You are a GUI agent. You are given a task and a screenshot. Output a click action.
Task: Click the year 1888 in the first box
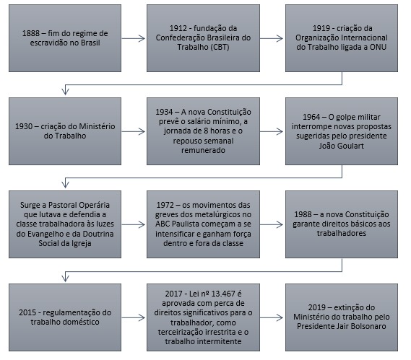coord(30,33)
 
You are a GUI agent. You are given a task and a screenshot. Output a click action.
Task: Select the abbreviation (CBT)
coord(217,47)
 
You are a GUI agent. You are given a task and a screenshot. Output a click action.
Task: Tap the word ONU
coord(378,47)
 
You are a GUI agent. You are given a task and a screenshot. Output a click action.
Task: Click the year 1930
coord(24,126)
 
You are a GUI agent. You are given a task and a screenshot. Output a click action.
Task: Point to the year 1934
coord(164,112)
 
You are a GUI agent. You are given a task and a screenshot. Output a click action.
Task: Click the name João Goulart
coord(341,146)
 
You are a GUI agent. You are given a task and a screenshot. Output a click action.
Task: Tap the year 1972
coord(165,205)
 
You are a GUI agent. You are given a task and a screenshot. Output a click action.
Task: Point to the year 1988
coord(303,214)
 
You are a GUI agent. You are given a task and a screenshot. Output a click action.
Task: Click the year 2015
coord(27,312)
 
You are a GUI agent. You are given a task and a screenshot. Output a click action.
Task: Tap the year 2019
coord(316,307)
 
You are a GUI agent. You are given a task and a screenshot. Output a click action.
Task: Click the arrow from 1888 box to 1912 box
coord(133,38)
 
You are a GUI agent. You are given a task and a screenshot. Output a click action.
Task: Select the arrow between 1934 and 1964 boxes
coord(272,131)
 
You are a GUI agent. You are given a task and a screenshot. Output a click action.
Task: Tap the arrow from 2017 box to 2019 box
coord(272,318)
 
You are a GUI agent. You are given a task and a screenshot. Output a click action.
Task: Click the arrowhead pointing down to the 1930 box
coord(65,92)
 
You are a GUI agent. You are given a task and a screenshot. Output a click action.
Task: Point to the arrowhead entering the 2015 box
coord(65,278)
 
